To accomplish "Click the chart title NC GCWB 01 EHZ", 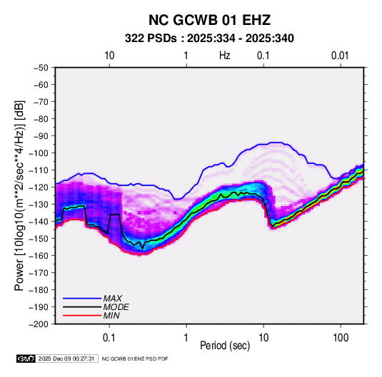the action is tap(209, 20).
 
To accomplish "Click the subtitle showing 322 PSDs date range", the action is tap(209, 38).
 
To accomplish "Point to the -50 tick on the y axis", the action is tap(41, 68).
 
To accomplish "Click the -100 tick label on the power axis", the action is tap(39, 153).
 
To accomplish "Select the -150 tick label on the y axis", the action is tap(39, 238).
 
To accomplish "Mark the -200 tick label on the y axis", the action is tap(39, 324).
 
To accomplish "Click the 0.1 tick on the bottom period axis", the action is tap(109, 338).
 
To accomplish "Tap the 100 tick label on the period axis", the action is tap(341, 338).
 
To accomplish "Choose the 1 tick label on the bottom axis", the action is tap(186, 338).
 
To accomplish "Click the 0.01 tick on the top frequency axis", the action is tap(340, 56).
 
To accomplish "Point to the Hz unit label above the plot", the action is tap(225, 56).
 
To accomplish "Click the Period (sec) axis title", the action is tap(225, 346).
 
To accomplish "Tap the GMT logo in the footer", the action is tap(26, 358).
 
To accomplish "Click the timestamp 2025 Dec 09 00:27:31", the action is tap(66, 358).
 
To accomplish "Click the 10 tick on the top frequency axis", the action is tap(109, 56).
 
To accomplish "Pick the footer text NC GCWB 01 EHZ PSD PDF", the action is tap(135, 358).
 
